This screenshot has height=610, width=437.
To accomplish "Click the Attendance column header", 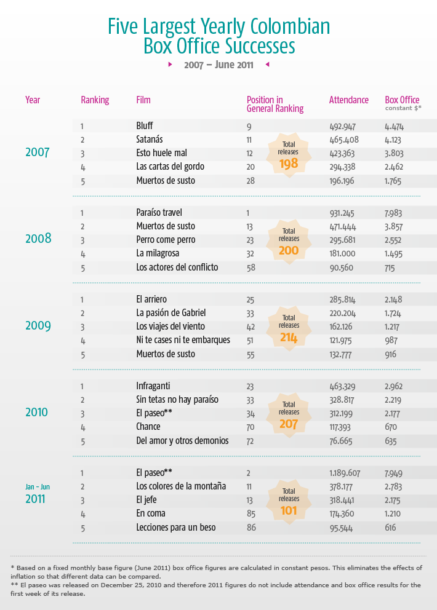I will [x=349, y=100].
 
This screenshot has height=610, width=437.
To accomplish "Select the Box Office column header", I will [x=402, y=100].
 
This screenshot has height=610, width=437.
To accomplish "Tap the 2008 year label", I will [x=38, y=239].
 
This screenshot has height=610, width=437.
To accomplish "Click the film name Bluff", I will [x=145, y=126].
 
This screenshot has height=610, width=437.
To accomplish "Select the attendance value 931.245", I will [x=343, y=213].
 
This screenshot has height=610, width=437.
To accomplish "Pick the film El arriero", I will [x=151, y=299].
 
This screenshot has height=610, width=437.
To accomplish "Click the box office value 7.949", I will [x=396, y=473].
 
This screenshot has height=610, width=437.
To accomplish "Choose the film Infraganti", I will [x=154, y=386].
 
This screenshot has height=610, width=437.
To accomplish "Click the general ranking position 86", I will [x=251, y=528].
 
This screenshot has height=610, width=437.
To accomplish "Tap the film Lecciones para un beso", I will [x=175, y=528].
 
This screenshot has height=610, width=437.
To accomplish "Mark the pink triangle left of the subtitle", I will [x=170, y=64].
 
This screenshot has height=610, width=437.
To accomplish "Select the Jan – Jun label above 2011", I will [x=38, y=486].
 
